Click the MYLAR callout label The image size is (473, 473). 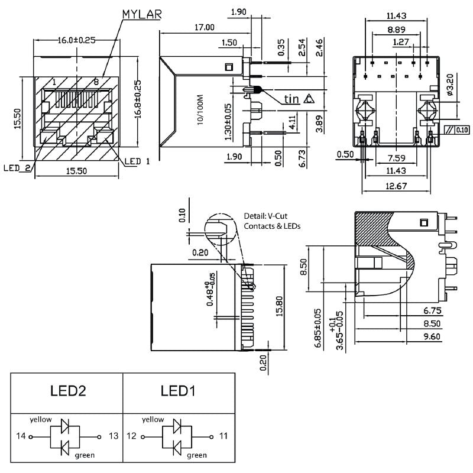142,13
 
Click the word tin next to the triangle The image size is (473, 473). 291,99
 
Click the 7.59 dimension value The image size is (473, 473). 397,158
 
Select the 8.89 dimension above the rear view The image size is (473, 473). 397,29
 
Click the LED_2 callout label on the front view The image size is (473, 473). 17,168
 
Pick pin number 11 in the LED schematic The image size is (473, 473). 223,436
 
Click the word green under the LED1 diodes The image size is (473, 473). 197,455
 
